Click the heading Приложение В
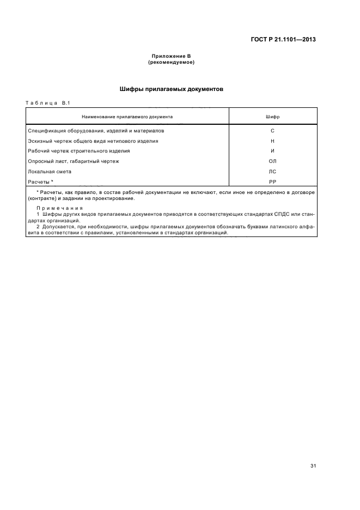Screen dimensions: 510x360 tap(171, 57)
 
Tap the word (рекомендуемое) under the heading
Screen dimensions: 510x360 tap(171, 62)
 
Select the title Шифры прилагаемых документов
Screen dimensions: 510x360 tap(171, 88)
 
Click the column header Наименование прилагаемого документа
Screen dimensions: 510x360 tap(127, 117)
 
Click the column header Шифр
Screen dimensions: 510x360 tap(272, 117)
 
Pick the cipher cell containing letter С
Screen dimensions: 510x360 tap(272, 131)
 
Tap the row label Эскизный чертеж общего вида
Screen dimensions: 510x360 tap(93, 141)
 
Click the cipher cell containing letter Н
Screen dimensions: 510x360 tap(272, 141)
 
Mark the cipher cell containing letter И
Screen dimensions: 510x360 tap(272, 151)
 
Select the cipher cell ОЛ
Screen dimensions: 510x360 tap(272, 161)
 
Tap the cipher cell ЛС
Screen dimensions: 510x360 tap(272, 171)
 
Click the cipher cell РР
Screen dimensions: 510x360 tap(272, 181)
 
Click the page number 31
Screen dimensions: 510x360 tap(313, 466)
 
